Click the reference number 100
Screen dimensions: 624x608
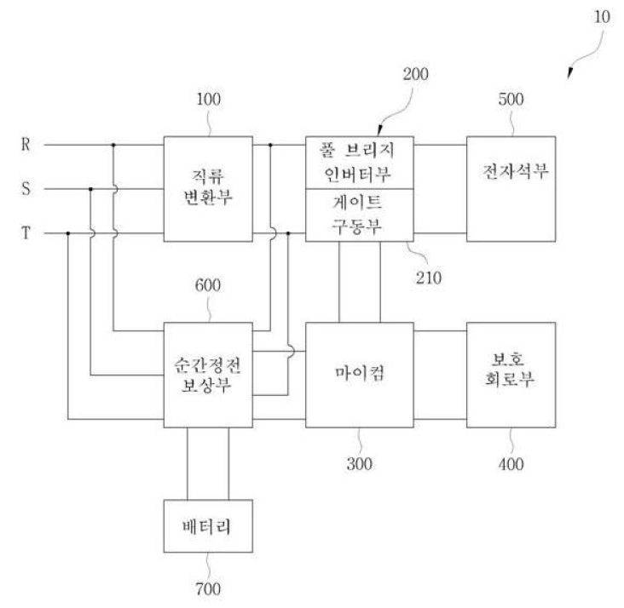click(209, 100)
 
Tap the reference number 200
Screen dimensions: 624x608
click(415, 74)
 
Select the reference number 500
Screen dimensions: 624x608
click(511, 100)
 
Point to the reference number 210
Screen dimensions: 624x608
click(429, 278)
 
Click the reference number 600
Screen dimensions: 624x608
click(208, 285)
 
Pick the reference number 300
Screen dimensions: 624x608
click(360, 464)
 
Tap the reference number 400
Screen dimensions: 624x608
click(511, 464)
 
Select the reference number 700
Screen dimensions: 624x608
click(208, 589)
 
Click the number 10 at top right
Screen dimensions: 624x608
click(602, 17)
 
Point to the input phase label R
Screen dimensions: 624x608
click(26, 145)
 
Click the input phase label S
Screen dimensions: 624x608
click(26, 188)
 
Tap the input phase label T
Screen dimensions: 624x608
click(26, 233)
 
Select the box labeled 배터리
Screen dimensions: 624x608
click(208, 526)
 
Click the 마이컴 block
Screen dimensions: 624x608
click(360, 375)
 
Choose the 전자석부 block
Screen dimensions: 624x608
click(511, 189)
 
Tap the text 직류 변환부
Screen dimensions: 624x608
click(208, 186)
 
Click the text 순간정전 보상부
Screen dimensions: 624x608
click(207, 376)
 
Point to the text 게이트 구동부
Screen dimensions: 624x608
click(357, 215)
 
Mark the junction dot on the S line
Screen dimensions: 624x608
click(90, 189)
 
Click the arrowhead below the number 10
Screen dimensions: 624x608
click(570, 73)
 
